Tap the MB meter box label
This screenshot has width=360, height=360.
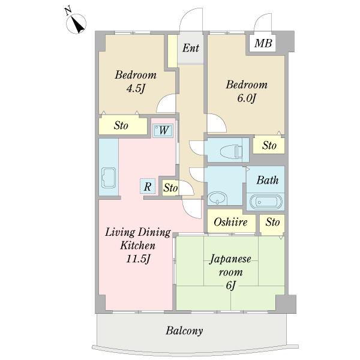pos(263,43)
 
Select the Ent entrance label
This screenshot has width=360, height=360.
pos(191,48)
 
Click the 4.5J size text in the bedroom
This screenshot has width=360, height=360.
pos(136,88)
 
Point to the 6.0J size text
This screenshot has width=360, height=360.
pos(247,98)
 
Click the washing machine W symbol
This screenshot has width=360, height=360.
pos(163,131)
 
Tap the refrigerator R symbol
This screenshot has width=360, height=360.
pos(148,186)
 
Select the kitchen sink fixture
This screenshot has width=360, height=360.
pos(109,178)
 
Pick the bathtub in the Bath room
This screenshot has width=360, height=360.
pos(266,202)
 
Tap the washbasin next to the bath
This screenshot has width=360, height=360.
pos(217,198)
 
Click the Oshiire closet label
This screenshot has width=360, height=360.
pos(230,222)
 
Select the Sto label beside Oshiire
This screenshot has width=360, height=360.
pos(273,222)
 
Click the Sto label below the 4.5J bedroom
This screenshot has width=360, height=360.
pos(121,125)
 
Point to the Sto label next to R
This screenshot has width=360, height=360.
pos(170,188)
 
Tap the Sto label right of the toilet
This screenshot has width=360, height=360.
pos(269,145)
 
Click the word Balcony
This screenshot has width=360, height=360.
pos(184,331)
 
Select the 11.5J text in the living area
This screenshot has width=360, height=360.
pos(138,259)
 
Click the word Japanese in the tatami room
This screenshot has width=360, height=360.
pos(230,259)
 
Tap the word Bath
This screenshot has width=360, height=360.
pos(268,180)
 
